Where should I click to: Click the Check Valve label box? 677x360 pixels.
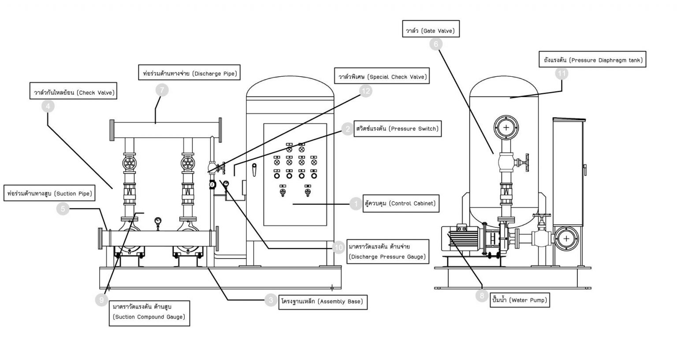74,93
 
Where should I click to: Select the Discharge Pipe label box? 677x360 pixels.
189,73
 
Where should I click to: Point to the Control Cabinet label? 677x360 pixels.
400,203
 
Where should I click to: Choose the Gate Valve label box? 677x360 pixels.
430,31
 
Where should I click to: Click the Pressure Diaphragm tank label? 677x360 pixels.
592,60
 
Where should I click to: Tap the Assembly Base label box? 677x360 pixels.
322,301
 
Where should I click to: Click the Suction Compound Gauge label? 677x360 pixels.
149,313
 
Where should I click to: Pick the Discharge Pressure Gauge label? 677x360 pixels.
387,252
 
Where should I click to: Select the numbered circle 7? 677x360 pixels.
162,90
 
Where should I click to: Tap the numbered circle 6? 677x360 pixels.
436,44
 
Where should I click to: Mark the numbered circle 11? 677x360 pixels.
562,74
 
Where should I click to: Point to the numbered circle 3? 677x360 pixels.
271,301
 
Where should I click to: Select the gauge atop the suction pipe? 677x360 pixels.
157,220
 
